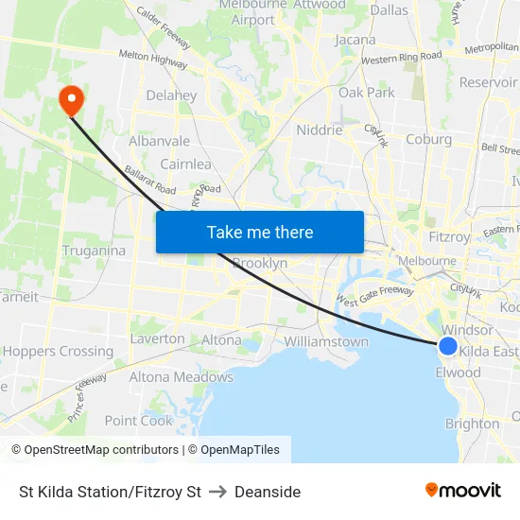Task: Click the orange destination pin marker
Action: click(x=71, y=99)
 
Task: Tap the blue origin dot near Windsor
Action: click(x=448, y=346)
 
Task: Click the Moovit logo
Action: click(x=463, y=491)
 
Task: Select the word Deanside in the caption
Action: click(x=268, y=492)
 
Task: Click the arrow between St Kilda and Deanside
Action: click(x=217, y=492)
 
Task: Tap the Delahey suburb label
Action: click(x=171, y=95)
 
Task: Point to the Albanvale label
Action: click(x=159, y=141)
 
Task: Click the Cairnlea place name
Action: click(x=185, y=164)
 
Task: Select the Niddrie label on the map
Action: click(x=320, y=130)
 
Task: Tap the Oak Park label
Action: click(x=367, y=93)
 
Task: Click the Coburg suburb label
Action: click(x=428, y=139)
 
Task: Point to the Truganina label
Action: click(x=94, y=251)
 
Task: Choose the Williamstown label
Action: click(x=326, y=341)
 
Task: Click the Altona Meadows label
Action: click(x=181, y=377)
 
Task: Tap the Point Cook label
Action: click(x=138, y=421)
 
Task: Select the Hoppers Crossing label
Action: click(x=58, y=351)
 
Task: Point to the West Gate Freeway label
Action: click(x=374, y=297)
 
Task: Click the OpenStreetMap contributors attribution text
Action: click(x=101, y=450)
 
